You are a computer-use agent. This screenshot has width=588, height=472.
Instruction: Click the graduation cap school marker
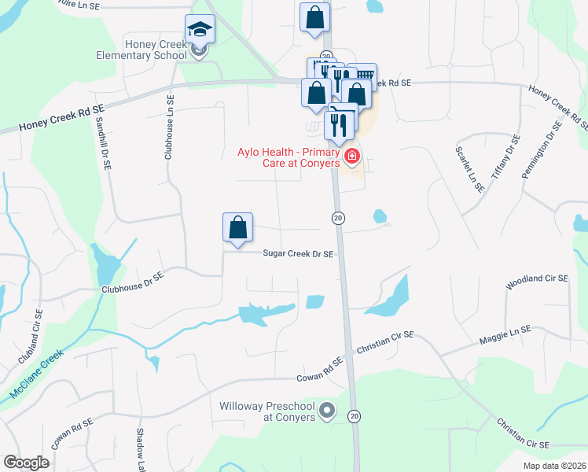point(200,31)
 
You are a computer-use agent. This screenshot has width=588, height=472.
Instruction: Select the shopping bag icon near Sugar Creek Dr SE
point(237,229)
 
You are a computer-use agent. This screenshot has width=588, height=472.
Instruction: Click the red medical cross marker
point(351,157)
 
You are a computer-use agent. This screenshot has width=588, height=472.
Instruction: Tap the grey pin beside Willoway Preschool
point(329,411)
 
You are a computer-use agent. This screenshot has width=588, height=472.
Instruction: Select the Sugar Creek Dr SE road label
point(298,254)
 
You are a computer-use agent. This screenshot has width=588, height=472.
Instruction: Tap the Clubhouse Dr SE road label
point(132,283)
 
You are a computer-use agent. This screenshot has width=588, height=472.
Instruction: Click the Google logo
point(27,463)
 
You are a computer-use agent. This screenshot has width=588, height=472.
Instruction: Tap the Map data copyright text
point(559,465)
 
